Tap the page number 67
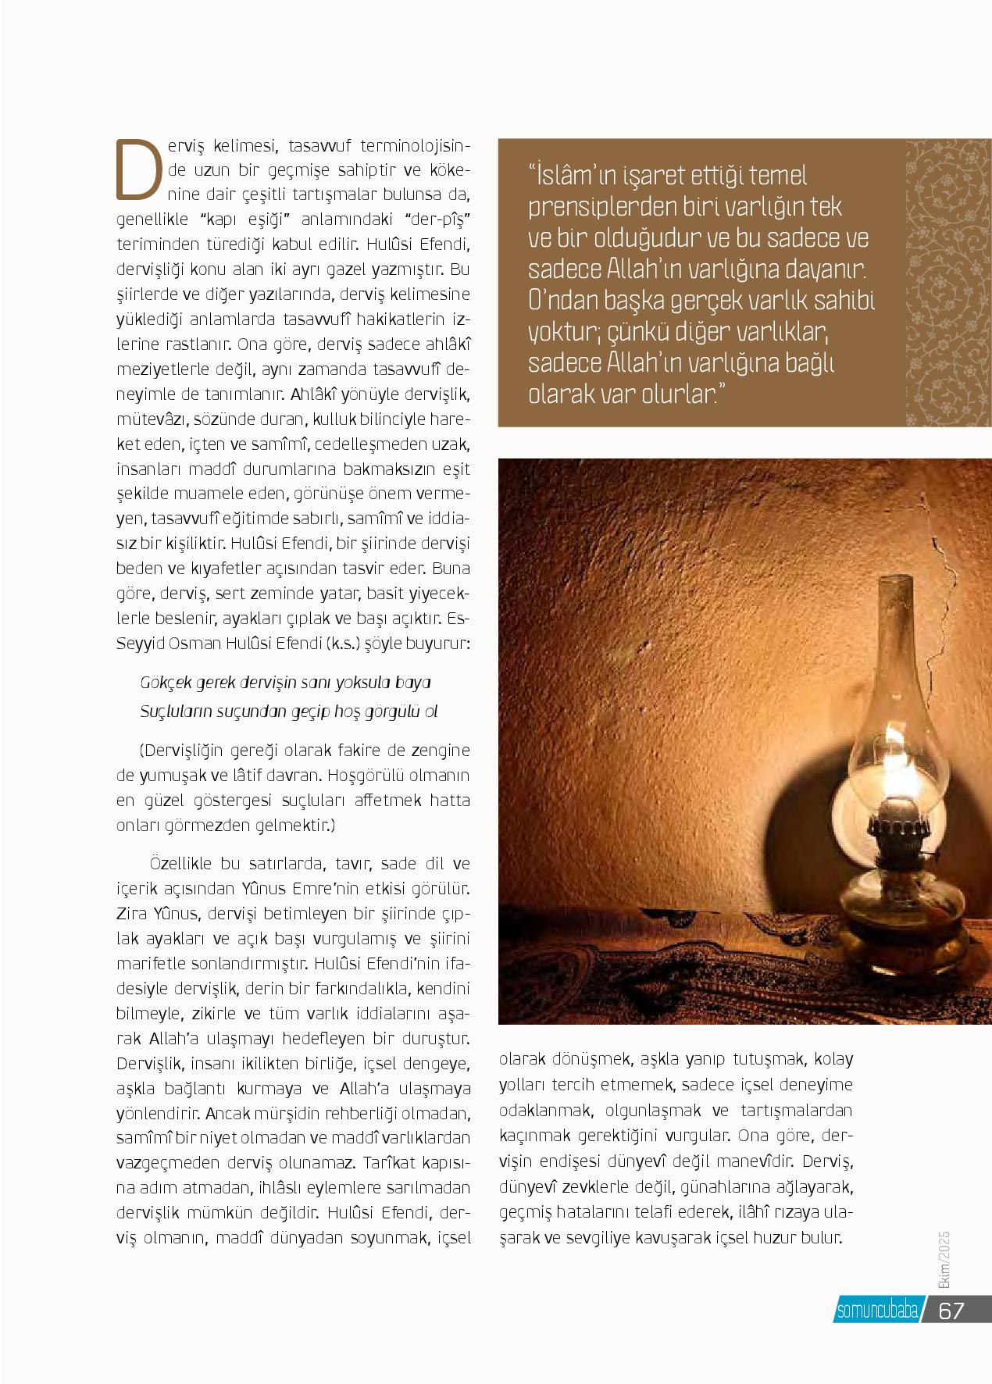tap(951, 1311)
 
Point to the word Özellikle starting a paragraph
tap(183, 865)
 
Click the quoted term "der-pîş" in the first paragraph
tap(437, 219)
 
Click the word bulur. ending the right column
tap(820, 1238)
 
